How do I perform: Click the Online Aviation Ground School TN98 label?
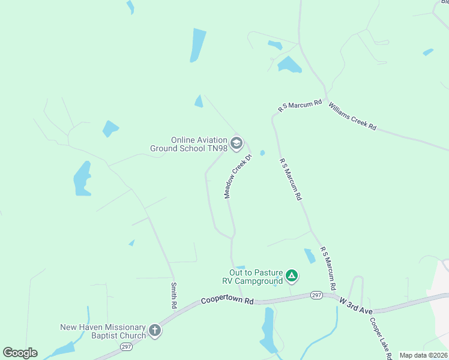(191, 144)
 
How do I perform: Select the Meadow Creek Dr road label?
(237, 176)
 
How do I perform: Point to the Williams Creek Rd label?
(352, 116)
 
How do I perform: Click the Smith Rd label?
(173, 295)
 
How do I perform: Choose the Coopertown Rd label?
(228, 299)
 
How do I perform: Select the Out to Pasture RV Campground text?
(256, 277)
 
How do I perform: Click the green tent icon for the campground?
(291, 277)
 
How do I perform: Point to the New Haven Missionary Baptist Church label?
(103, 331)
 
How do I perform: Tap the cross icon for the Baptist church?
(154, 331)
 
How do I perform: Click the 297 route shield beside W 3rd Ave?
(317, 295)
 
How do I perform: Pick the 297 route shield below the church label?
(126, 346)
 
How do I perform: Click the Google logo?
(20, 353)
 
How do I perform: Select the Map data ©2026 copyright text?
(423, 355)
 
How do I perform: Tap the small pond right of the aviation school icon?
(262, 152)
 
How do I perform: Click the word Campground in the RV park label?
(258, 281)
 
